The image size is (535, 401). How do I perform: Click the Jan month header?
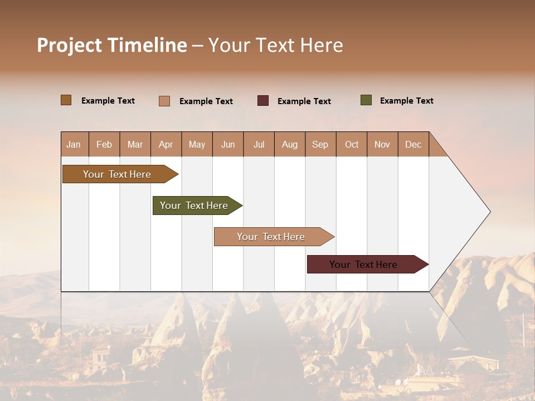coord(74,144)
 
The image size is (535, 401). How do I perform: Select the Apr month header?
coord(166,144)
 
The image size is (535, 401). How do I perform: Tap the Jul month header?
coord(259,144)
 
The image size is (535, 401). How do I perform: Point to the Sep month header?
coord(320,144)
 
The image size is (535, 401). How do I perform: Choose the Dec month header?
coord(413,144)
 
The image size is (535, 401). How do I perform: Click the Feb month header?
coord(104,144)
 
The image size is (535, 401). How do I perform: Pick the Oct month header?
coord(352,144)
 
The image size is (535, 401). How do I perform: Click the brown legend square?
coord(66,100)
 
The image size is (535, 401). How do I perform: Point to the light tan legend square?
coord(164,101)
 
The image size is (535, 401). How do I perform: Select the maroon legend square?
coord(263,101)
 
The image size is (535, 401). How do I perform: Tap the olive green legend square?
coord(366,100)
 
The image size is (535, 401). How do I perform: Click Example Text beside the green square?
coord(406,101)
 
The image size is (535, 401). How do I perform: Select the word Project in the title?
coord(70,45)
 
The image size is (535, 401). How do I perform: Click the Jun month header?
coord(228,144)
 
